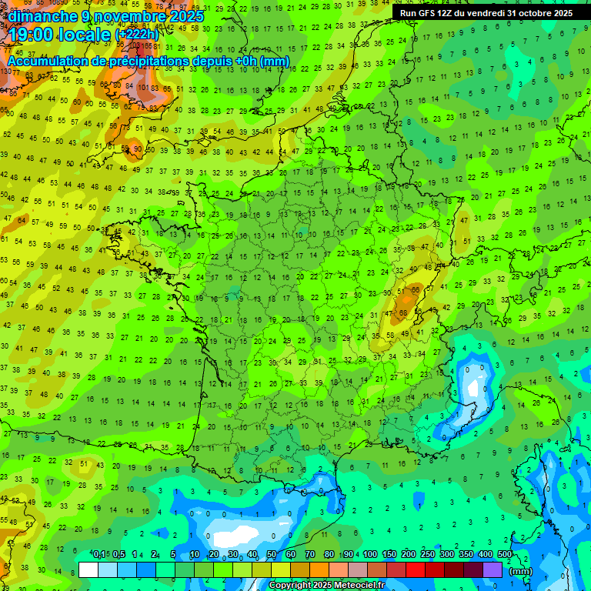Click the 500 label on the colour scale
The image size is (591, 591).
pyautogui.click(x=505, y=554)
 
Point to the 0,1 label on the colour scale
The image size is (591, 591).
pyautogui.click(x=99, y=554)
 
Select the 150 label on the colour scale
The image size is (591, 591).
pyautogui.click(x=389, y=554)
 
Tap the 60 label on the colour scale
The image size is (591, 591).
pyautogui.click(x=290, y=554)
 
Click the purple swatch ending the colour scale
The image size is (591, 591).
pyautogui.click(x=492, y=569)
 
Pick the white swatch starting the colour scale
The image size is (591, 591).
pyautogui.click(x=88, y=569)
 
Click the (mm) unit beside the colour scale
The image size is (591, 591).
pyautogui.click(x=521, y=571)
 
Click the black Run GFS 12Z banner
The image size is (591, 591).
pyautogui.click(x=486, y=13)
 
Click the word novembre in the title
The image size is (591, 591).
pyautogui.click(x=128, y=16)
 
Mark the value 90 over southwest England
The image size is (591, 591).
pyautogui.click(x=138, y=149)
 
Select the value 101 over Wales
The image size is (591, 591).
pyautogui.click(x=143, y=88)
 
